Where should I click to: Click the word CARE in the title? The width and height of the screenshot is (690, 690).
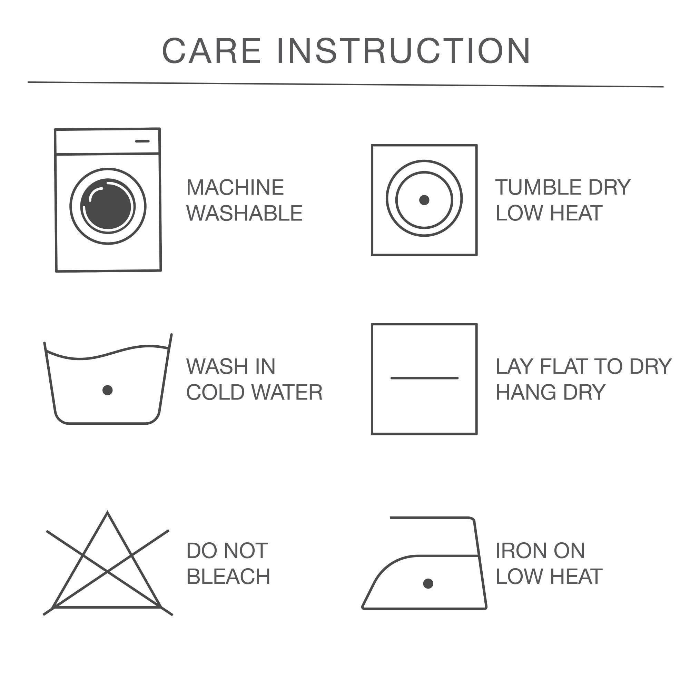(212, 51)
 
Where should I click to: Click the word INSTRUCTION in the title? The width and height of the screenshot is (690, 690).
(404, 51)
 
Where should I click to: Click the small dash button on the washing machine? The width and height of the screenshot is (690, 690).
(142, 141)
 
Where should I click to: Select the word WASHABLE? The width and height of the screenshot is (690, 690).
(244, 213)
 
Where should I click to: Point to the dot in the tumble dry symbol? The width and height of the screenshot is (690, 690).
(424, 200)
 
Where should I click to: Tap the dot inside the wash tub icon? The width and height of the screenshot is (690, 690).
(108, 390)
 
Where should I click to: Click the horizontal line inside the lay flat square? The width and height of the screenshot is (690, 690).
(424, 378)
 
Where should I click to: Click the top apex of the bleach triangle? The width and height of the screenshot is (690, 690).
(108, 512)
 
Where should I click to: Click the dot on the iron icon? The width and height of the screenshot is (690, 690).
(428, 584)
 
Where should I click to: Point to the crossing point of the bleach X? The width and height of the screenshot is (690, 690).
(108, 572)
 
